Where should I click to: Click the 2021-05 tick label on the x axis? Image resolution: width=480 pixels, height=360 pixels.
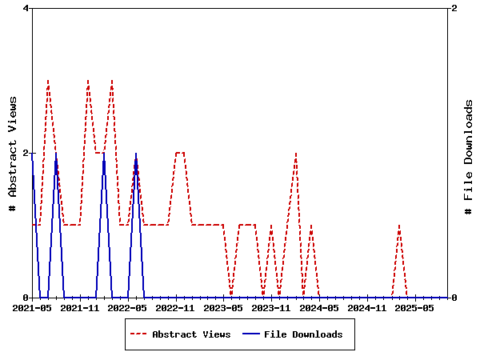pos(32,307)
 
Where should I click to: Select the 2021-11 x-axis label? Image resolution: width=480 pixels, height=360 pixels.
pos(80,307)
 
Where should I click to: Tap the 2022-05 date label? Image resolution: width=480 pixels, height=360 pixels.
pos(128,307)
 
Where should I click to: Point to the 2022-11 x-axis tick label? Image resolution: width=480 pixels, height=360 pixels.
pos(176,307)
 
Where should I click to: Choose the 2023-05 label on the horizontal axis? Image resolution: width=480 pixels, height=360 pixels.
pos(224,307)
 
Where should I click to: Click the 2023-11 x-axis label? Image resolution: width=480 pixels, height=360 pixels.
pos(272,307)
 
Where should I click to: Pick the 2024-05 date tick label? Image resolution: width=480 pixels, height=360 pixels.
pos(320,307)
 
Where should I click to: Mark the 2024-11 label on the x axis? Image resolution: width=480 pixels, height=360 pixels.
pos(368,307)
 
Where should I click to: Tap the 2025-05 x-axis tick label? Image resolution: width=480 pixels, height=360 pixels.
pos(416,307)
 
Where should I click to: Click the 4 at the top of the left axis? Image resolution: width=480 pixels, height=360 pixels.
pos(26,8)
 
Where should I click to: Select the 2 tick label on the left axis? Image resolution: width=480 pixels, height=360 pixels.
pos(26,153)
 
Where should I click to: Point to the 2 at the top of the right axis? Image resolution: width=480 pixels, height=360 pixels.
pos(454,8)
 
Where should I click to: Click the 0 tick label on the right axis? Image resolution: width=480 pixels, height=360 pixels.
pos(454,298)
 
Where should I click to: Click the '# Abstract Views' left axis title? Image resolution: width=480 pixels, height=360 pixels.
pos(13,153)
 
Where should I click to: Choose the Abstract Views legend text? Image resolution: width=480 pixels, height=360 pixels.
pos(191,334)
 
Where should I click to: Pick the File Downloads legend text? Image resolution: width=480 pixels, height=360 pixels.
pos(303,334)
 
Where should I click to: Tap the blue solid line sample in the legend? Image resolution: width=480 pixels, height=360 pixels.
pos(250,334)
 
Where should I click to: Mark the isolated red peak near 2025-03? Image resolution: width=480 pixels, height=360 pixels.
pos(399,226)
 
